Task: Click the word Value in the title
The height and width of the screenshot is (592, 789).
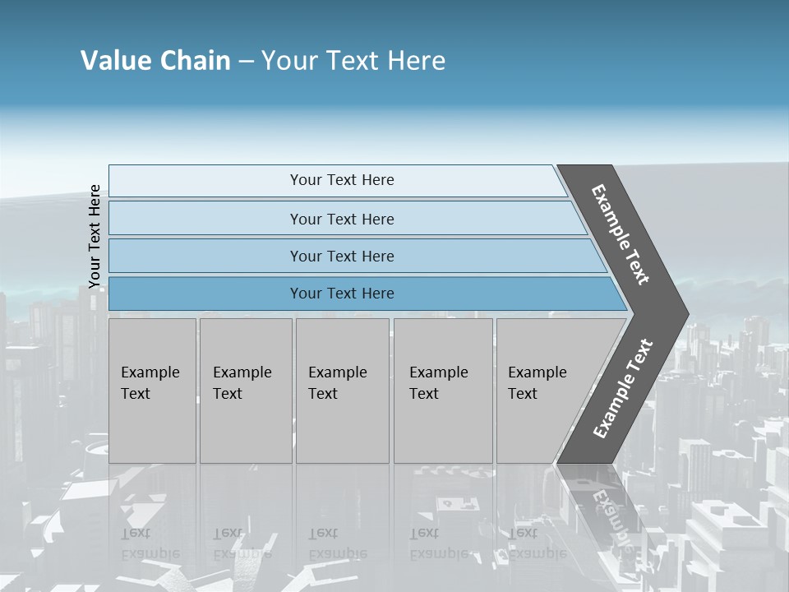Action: pos(114,61)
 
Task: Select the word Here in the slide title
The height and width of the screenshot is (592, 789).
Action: pos(416,61)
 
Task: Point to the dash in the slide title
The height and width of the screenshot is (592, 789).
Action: pos(246,62)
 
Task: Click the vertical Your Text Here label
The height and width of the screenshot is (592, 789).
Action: pos(95,237)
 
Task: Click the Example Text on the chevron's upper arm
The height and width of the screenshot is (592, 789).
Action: pos(621,234)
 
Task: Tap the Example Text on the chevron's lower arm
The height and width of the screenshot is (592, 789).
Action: pos(623,389)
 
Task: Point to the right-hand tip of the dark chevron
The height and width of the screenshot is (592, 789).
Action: pos(687,313)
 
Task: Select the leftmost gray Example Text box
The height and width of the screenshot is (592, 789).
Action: pos(152,391)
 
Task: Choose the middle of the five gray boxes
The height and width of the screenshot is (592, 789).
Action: pos(342,391)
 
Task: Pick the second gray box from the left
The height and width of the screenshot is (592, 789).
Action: pos(246,391)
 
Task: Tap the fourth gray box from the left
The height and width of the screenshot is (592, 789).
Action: pos(443,391)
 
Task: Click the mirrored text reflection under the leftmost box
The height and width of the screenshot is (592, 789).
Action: pos(150,543)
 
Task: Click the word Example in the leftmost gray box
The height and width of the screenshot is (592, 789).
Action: pos(150,372)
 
